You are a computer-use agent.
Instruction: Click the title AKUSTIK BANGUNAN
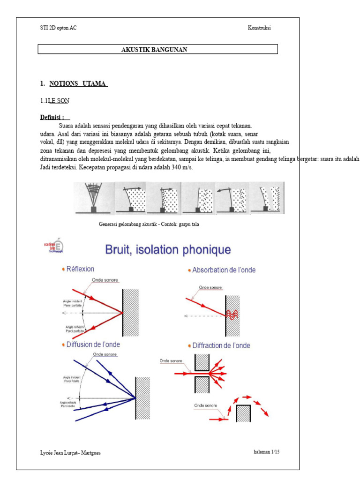pos(154,50)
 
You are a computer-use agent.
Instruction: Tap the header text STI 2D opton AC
pos(59,28)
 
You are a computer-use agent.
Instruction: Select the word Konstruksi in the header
pos(259,28)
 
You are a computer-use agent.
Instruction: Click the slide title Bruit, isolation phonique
pos(168,250)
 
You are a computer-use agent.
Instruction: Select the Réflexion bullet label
pos(80,269)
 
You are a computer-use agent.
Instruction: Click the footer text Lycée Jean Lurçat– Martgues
pos(70,453)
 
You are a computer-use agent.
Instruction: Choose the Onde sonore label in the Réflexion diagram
pos(107,280)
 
